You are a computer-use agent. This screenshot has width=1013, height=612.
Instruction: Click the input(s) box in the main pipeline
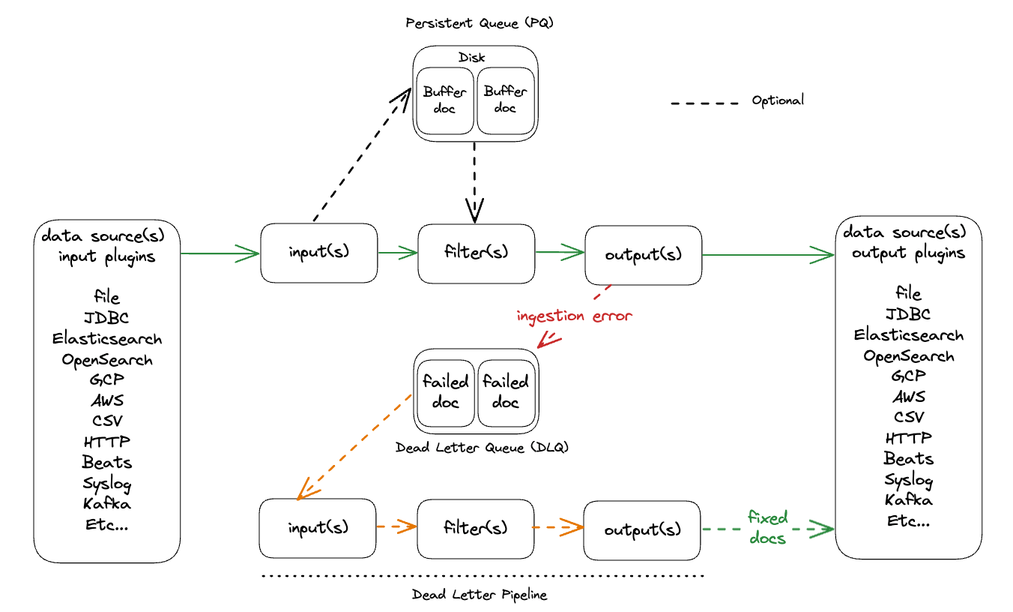tap(318, 253)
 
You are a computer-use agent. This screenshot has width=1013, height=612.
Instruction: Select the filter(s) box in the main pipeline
tap(476, 253)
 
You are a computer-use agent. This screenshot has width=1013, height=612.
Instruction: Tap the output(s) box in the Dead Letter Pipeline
tap(642, 529)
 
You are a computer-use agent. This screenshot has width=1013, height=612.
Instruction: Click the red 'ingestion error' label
tap(574, 316)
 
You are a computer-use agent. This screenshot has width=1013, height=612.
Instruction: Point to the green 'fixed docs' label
tap(767, 527)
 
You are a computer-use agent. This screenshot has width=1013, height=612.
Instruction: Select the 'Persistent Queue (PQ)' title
tap(479, 23)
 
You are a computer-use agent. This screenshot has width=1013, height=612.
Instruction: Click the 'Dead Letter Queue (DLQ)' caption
tap(482, 448)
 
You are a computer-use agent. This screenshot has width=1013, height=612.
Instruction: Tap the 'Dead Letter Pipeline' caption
tap(480, 595)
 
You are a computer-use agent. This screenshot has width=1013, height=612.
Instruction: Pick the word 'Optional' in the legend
tap(778, 100)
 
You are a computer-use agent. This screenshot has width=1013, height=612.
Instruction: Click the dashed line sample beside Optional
tap(704, 102)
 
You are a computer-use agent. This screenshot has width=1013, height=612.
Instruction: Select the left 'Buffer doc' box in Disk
tap(445, 100)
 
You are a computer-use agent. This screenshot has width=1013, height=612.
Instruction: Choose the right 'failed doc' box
tap(506, 391)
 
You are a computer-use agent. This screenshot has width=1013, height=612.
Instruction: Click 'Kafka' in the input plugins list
tap(106, 502)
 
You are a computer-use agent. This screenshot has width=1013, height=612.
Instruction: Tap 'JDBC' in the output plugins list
tap(908, 314)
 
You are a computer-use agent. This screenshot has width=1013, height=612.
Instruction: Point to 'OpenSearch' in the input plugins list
tap(107, 360)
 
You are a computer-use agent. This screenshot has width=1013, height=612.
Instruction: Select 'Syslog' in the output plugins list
tap(908, 479)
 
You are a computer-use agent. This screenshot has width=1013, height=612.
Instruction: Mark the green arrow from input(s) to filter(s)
tap(397, 253)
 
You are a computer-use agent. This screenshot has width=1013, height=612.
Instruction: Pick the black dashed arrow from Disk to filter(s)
tap(475, 180)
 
